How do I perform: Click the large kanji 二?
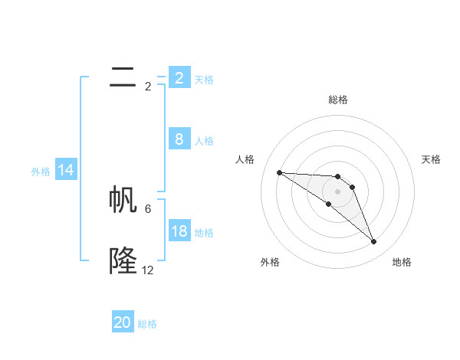[x=123, y=77]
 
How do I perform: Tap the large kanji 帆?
[x=123, y=199]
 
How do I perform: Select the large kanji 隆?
[x=123, y=261]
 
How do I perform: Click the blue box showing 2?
[x=179, y=77]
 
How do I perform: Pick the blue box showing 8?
[x=179, y=139]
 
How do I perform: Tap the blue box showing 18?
[x=179, y=231]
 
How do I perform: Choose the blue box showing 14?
[x=66, y=170]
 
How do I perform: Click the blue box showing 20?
[x=123, y=322]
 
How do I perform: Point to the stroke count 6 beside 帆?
[x=148, y=208]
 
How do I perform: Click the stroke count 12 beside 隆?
[x=147, y=270]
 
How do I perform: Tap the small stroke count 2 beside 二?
[x=148, y=86]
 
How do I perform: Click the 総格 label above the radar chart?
[x=338, y=100]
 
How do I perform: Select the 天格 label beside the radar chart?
[x=432, y=159]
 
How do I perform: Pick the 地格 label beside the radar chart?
[x=402, y=262]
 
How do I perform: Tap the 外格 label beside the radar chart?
[x=270, y=262]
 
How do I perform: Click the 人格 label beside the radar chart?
[x=245, y=159]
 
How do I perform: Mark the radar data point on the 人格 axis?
[x=279, y=172]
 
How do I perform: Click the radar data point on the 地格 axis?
[x=373, y=242]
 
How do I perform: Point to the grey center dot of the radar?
[x=337, y=191]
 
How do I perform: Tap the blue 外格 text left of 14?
[x=41, y=172]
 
